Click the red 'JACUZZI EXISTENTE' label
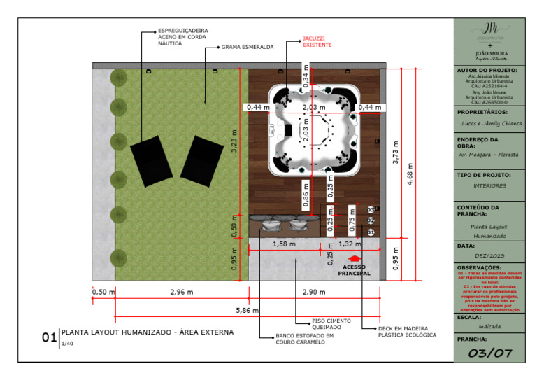pyautogui.click(x=317, y=42)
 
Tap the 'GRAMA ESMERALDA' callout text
pyautogui.click(x=248, y=48)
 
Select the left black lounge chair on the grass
pyautogui.click(x=150, y=160)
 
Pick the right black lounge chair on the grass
pyautogui.click(x=200, y=161)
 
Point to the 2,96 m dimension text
pyautogui.click(x=181, y=292)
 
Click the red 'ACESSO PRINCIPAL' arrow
pyautogui.click(x=353, y=259)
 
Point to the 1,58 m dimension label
pyautogui.click(x=283, y=244)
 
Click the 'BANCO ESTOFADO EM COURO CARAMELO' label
pyautogui.click(x=306, y=339)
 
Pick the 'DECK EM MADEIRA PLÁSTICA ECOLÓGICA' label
pyautogui.click(x=407, y=331)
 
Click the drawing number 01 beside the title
pyautogui.click(x=49, y=337)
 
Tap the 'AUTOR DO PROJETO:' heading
pyautogui.click(x=487, y=71)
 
